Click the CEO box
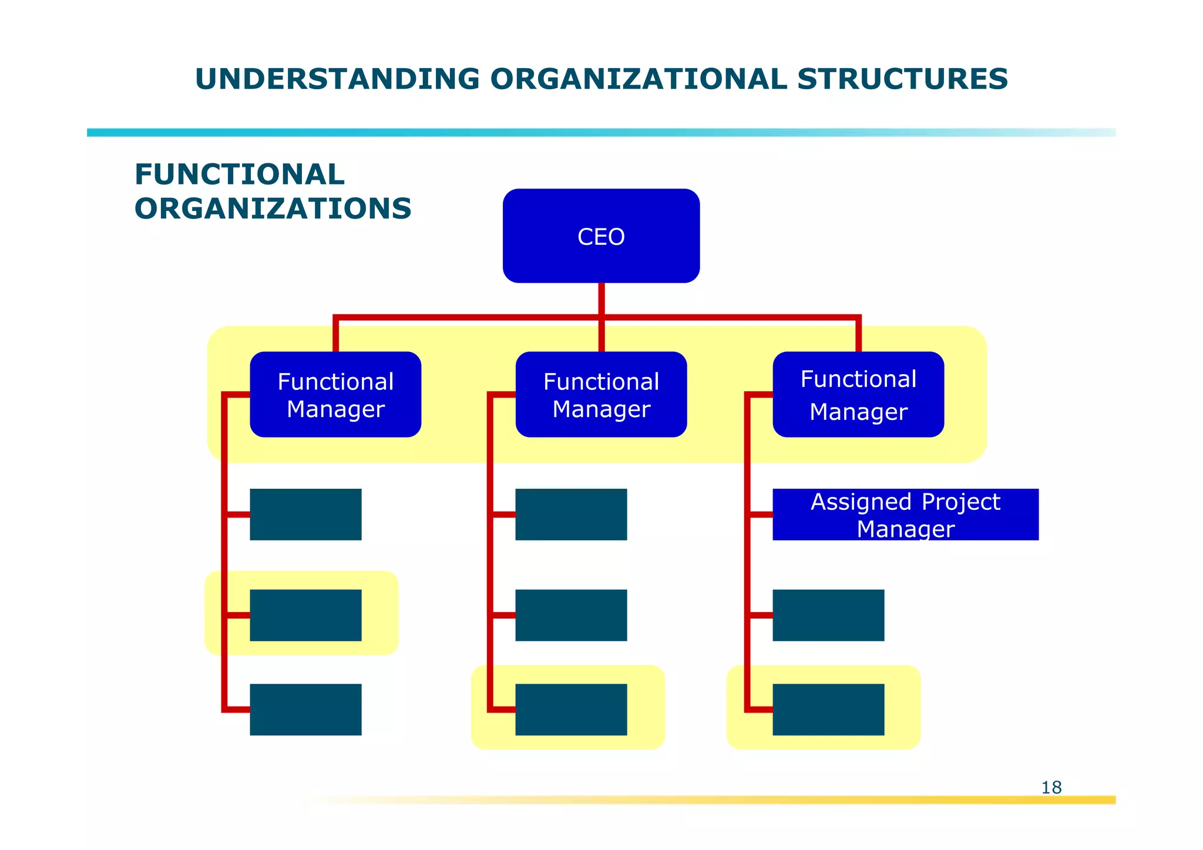click(601, 236)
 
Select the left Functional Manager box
click(335, 394)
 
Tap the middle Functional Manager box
click(601, 394)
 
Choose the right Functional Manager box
click(858, 394)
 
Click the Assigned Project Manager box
click(905, 515)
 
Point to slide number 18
click(1051, 787)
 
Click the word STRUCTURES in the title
click(902, 79)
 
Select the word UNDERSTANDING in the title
click(337, 79)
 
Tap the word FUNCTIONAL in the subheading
click(239, 174)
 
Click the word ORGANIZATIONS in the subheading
click(273, 209)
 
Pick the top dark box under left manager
click(305, 515)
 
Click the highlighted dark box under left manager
click(305, 615)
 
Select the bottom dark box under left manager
click(305, 709)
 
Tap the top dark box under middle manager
click(571, 515)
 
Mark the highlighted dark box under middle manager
click(571, 709)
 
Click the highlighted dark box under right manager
click(828, 709)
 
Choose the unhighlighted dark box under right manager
click(828, 615)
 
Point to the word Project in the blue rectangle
click(960, 502)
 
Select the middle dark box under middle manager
click(571, 615)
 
